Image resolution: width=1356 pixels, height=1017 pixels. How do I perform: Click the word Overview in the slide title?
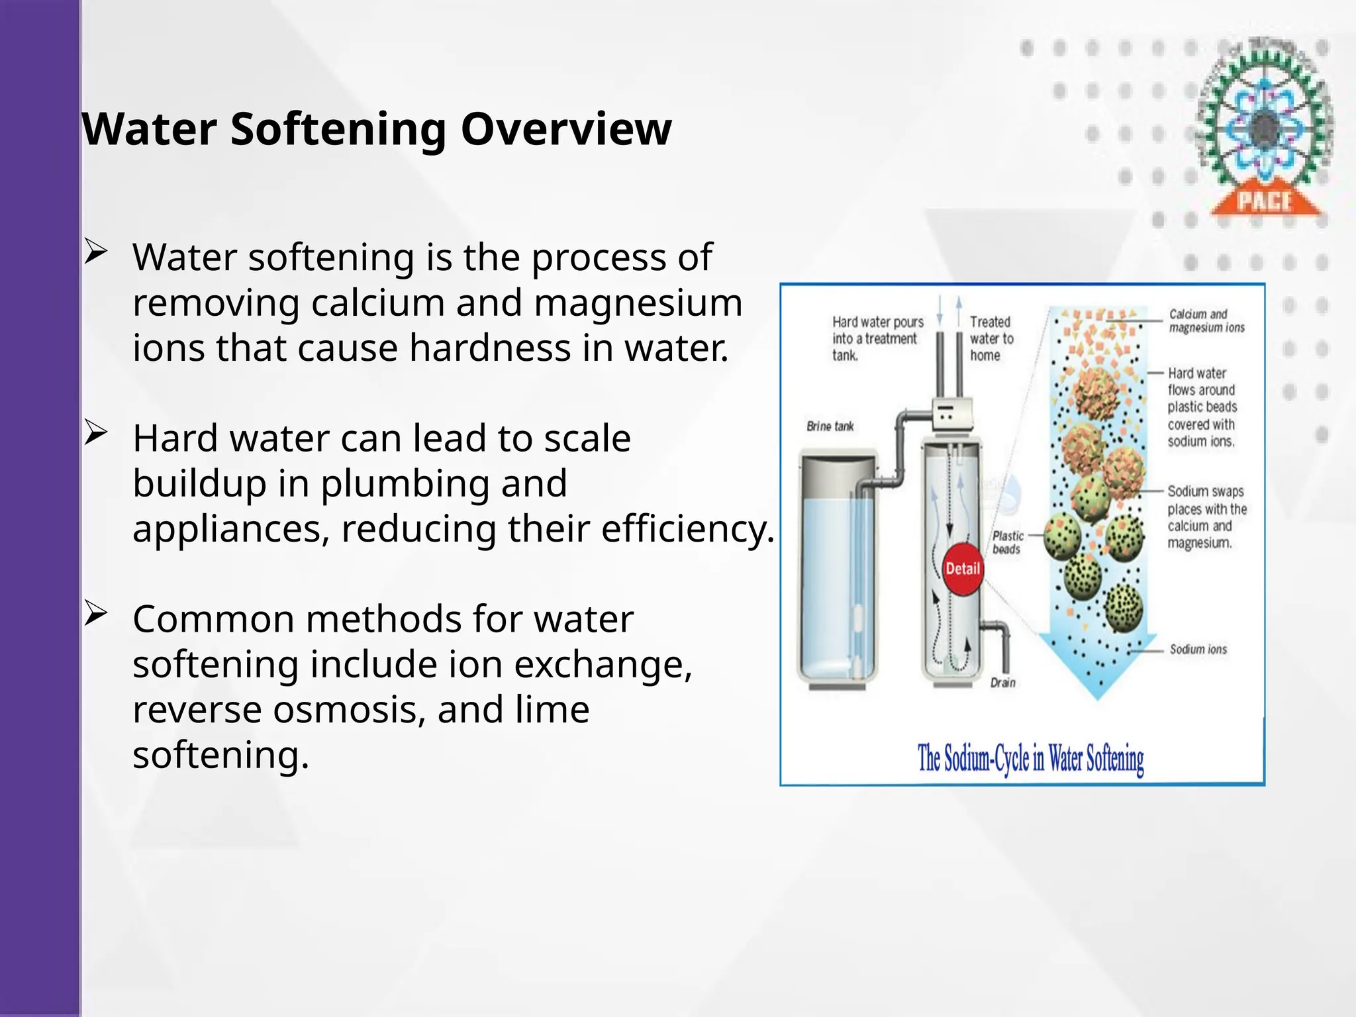[565, 129]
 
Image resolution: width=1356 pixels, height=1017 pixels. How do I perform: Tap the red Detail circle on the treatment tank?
[962, 569]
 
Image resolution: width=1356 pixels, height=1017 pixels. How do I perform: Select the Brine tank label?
[830, 426]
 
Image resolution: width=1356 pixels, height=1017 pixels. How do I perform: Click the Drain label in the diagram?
[1002, 683]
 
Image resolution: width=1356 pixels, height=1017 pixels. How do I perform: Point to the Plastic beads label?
[1007, 542]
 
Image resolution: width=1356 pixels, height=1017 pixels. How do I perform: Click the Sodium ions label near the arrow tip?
[1198, 650]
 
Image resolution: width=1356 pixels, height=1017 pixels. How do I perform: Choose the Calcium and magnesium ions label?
[1206, 320]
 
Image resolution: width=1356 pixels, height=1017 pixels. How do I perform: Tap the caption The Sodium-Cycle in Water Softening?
[1030, 759]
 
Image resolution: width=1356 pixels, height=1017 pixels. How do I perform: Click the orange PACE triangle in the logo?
[1264, 201]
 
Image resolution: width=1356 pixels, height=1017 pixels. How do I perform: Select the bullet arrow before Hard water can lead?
[95, 434]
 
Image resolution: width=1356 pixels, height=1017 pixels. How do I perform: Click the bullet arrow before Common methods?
[95, 614]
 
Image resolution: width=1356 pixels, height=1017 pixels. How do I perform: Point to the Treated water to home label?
[991, 338]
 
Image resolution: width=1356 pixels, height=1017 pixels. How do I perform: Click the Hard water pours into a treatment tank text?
[877, 338]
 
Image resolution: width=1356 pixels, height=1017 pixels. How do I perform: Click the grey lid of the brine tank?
[838, 465]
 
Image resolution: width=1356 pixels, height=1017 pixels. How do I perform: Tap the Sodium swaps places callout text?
[1206, 517]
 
